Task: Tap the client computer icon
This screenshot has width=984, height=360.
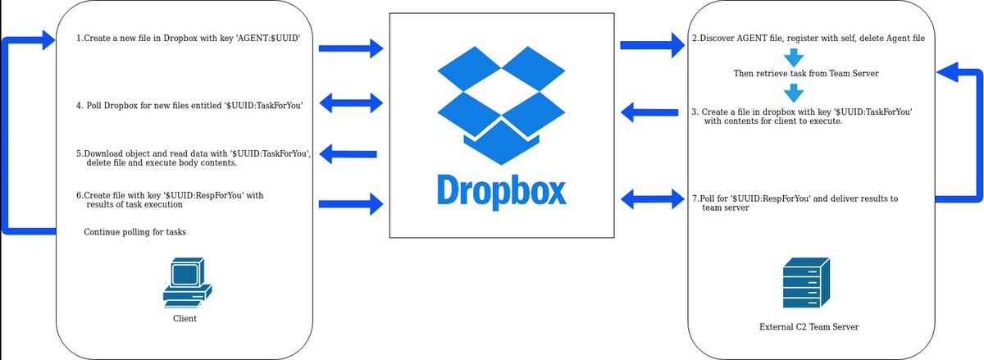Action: pyautogui.click(x=187, y=282)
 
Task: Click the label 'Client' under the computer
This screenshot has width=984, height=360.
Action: pyautogui.click(x=185, y=318)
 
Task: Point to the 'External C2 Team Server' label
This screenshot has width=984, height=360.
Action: pyautogui.click(x=809, y=327)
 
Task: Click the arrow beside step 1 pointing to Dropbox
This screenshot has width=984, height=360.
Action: pyautogui.click(x=351, y=48)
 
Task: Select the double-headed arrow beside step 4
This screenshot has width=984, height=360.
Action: pyautogui.click(x=351, y=103)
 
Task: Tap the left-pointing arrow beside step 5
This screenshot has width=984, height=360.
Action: pyautogui.click(x=348, y=153)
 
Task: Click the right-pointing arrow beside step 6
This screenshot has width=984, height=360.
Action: pyautogui.click(x=351, y=203)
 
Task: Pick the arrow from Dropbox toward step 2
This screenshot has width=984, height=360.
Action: pyautogui.click(x=653, y=45)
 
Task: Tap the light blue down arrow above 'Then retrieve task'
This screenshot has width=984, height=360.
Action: pyautogui.click(x=792, y=57)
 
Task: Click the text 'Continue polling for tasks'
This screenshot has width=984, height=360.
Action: pyautogui.click(x=134, y=232)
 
